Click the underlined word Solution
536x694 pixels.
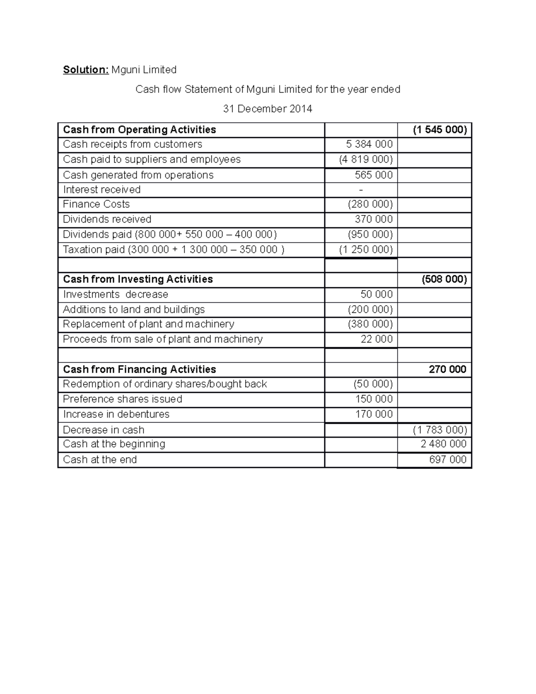pyautogui.click(x=85, y=70)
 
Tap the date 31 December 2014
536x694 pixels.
pyautogui.click(x=268, y=109)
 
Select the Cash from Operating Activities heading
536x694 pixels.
pyautogui.click(x=139, y=130)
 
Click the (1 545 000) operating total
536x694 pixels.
pyautogui.click(x=440, y=130)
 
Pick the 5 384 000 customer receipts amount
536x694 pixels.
pyautogui.click(x=369, y=144)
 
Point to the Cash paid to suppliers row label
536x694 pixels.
pyautogui.click(x=151, y=160)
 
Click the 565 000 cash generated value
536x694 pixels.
pyautogui.click(x=373, y=175)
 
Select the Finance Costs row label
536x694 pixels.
pyautogui.click(x=96, y=204)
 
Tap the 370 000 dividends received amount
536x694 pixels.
pyautogui.click(x=373, y=219)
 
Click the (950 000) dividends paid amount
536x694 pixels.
pyautogui.click(x=370, y=235)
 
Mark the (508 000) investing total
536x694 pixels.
pyautogui.click(x=444, y=279)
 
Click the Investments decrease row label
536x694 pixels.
pyautogui.click(x=115, y=294)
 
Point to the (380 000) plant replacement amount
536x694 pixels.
pyautogui.click(x=370, y=324)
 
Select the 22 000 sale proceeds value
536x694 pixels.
pyautogui.click(x=377, y=339)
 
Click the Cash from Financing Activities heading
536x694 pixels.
pyautogui.click(x=139, y=369)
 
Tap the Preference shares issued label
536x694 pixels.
pyautogui.click(x=122, y=399)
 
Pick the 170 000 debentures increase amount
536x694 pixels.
pyautogui.click(x=373, y=414)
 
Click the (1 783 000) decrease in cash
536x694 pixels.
pyautogui.click(x=440, y=430)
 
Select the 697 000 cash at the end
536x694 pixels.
pyautogui.click(x=447, y=459)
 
